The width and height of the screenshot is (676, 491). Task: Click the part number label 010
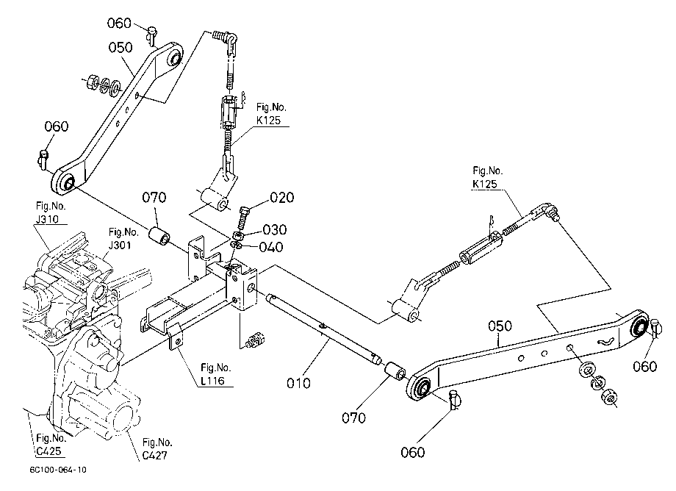tap(298, 383)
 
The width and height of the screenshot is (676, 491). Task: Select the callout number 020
tap(282, 198)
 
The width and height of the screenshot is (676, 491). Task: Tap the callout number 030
tap(275, 229)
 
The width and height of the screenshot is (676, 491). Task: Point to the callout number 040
tap(271, 247)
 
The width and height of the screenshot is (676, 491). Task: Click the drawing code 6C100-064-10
tap(58, 470)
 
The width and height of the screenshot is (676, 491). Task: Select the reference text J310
tap(47, 220)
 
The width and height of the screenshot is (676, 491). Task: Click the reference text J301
tap(120, 246)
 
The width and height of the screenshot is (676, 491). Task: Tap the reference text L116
tap(212, 381)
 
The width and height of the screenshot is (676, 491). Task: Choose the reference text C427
tap(155, 455)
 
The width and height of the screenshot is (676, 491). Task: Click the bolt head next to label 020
tap(245, 212)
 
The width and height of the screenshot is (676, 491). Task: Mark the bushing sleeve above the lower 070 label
tap(395, 372)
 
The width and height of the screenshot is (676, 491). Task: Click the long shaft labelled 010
tap(323, 328)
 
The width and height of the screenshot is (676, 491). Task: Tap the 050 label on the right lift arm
tap(500, 326)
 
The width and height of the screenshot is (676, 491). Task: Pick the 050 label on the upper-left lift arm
tap(121, 48)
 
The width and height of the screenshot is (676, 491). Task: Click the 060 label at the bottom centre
tap(413, 452)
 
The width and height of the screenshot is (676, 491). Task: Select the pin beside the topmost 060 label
tap(151, 35)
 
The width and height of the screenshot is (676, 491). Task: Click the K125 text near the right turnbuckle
tap(485, 184)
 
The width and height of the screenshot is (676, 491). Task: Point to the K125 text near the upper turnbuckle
tap(269, 121)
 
